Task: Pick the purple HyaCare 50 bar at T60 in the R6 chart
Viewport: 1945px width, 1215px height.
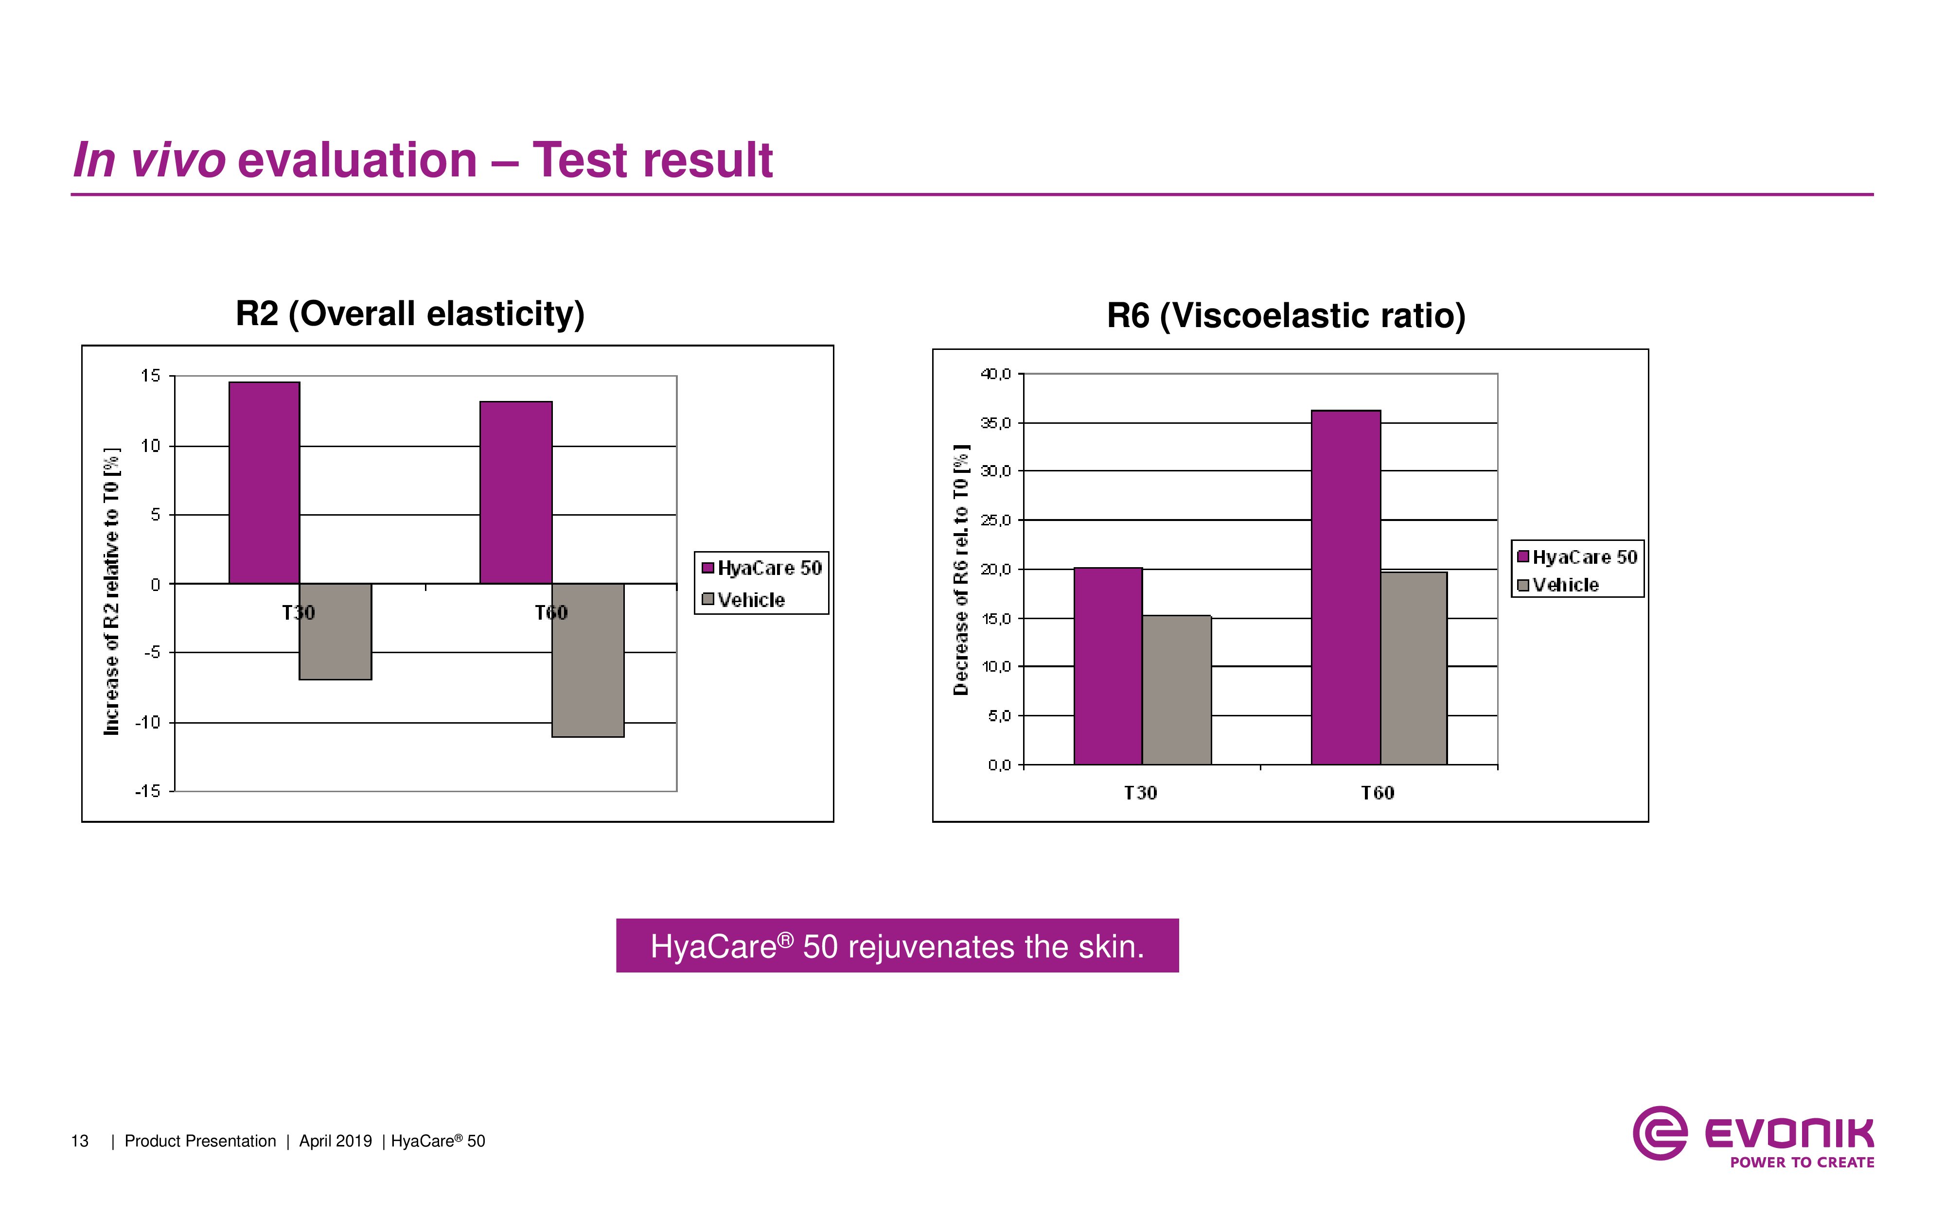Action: [1345, 587]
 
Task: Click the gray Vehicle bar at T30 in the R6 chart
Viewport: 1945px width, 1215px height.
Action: [1176, 690]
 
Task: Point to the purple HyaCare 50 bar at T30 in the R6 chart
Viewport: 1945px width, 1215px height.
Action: [1108, 665]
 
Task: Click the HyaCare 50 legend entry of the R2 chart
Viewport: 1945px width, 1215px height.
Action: [760, 568]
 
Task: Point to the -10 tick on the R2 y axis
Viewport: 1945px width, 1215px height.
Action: [148, 722]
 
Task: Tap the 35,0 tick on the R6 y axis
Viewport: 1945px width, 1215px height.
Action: [996, 423]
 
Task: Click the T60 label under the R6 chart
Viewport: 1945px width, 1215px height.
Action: [1377, 793]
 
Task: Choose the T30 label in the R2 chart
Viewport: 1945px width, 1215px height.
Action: [298, 613]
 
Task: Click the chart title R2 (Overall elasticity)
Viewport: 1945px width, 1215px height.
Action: [410, 313]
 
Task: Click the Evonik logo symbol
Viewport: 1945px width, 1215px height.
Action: [1660, 1133]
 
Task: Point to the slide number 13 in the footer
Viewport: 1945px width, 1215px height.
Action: [80, 1141]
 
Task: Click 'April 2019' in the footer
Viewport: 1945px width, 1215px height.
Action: [335, 1141]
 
